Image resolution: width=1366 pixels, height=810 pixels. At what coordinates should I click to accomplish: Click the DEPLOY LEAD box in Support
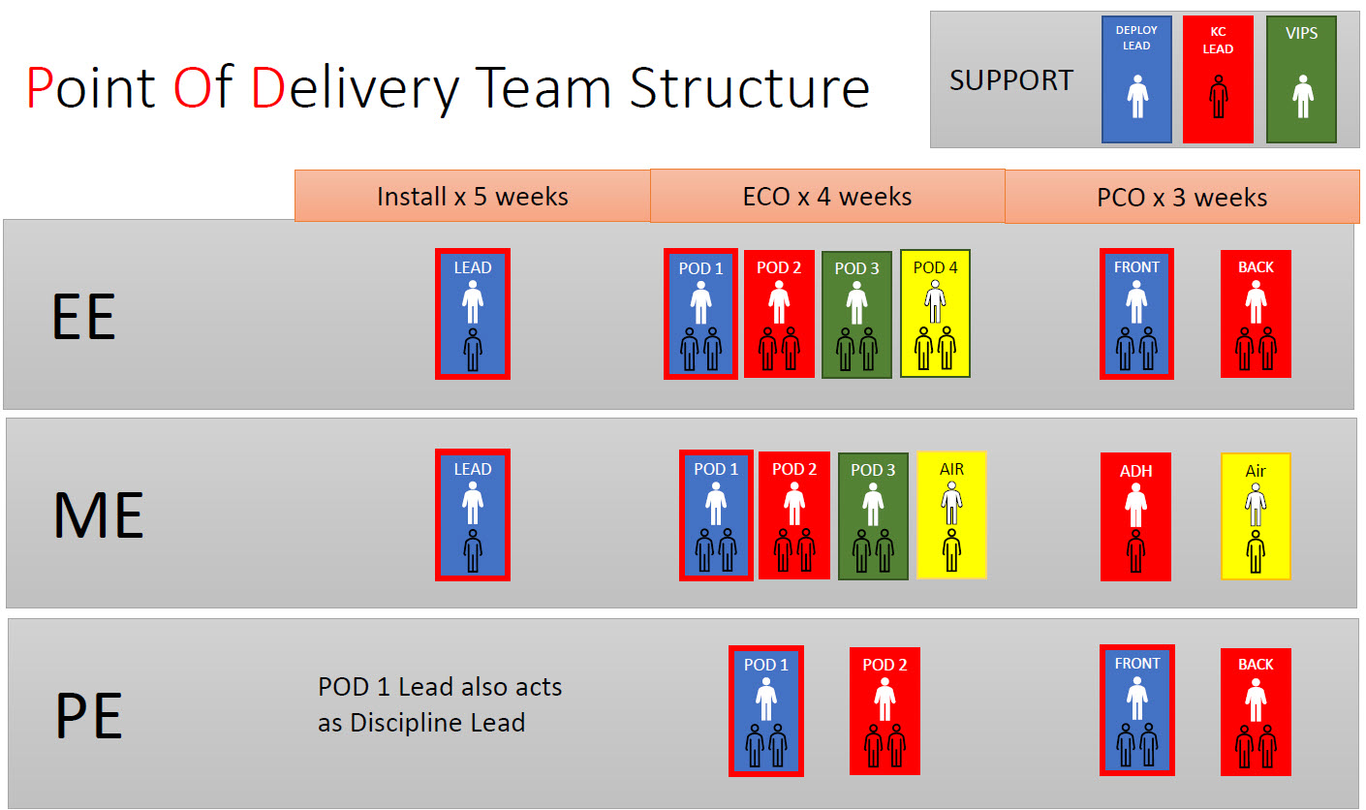click(x=1136, y=78)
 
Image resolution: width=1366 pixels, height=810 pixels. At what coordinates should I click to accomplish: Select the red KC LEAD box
click(x=1218, y=78)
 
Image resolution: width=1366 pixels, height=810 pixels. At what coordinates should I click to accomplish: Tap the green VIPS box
click(x=1301, y=78)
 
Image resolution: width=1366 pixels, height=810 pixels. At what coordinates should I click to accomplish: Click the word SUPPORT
click(x=1011, y=80)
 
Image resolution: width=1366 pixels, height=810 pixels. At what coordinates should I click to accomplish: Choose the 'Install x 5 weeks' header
click(x=472, y=197)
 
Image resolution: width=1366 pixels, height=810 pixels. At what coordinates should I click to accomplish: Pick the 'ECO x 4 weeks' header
click(x=826, y=197)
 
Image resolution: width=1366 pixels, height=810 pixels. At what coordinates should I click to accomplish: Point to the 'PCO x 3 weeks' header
click(x=1182, y=198)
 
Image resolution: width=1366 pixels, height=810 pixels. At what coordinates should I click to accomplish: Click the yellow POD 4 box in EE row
click(x=935, y=313)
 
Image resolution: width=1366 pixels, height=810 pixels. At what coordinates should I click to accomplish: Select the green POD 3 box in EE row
click(x=856, y=314)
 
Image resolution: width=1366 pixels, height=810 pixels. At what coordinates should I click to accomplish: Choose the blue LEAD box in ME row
click(x=473, y=514)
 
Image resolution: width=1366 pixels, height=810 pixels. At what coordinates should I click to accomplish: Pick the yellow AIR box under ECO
click(x=951, y=514)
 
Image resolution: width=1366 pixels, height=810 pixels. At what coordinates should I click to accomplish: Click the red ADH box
click(x=1135, y=516)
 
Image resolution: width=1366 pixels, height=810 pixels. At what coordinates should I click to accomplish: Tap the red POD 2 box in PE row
click(x=885, y=711)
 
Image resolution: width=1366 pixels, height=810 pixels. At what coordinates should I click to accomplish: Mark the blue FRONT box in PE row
click(x=1137, y=710)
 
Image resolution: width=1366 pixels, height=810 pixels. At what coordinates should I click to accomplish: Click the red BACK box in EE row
click(x=1256, y=313)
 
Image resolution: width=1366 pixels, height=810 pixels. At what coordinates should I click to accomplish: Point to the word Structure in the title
click(x=749, y=87)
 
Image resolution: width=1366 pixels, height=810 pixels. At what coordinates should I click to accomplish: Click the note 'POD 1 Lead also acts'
click(x=440, y=687)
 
